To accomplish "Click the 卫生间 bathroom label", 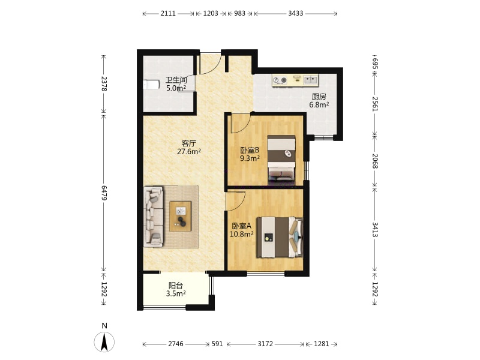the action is click(x=176, y=80).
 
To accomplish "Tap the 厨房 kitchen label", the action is click(x=319, y=97).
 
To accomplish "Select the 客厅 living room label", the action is click(x=189, y=143).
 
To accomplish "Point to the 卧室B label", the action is click(x=250, y=151).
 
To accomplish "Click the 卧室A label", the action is click(x=242, y=226).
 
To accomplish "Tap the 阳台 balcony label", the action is click(x=176, y=286).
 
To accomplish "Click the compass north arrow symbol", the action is click(x=104, y=342).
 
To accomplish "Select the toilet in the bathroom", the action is click(x=152, y=85).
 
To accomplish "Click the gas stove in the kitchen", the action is click(x=280, y=80).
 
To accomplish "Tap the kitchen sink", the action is click(x=311, y=80).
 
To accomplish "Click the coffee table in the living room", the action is click(x=181, y=216).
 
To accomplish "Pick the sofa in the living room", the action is click(x=154, y=217).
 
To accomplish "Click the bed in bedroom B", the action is click(x=281, y=160).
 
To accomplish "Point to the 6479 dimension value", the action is click(x=104, y=193).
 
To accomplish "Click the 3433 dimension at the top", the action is click(x=296, y=13).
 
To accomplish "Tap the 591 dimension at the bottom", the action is click(x=217, y=344).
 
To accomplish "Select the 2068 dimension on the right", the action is click(x=375, y=161).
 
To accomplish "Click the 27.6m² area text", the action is click(x=189, y=151).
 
